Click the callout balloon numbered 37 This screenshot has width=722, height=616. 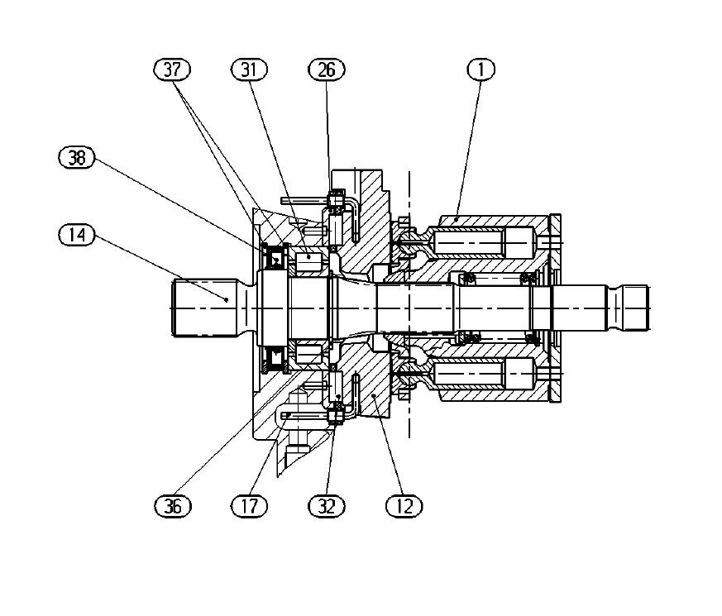[x=172, y=69]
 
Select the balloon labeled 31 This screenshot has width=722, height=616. [x=249, y=69]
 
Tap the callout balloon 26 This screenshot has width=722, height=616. [x=327, y=69]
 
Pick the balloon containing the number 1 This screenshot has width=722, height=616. [x=481, y=69]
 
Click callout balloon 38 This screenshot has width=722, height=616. [x=77, y=157]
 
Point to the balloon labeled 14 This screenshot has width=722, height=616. [x=77, y=235]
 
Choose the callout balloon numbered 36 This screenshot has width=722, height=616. [x=173, y=506]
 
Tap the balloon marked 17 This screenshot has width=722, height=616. [x=249, y=506]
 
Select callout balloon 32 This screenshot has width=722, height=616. [x=327, y=506]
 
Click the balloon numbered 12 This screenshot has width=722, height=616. [x=404, y=506]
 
